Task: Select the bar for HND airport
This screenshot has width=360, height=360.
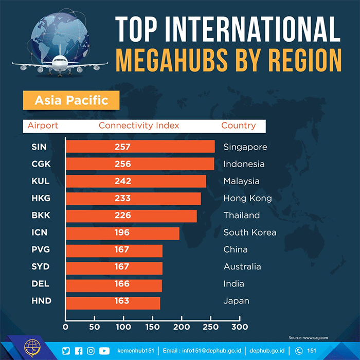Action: (113, 301)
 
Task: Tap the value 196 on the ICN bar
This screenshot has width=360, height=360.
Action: (122, 232)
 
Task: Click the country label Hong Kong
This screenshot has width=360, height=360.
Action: (247, 199)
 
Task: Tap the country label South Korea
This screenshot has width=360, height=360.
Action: (249, 232)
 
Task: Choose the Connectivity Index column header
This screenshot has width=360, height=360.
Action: (139, 125)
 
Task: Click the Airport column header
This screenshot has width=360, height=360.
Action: (43, 125)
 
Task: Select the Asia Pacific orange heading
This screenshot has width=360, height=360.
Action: (71, 100)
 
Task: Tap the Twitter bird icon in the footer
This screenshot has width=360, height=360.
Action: (66, 351)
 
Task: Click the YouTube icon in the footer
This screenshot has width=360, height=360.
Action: (104, 351)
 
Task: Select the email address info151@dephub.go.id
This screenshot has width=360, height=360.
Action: (201, 351)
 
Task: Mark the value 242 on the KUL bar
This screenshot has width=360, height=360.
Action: (123, 181)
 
